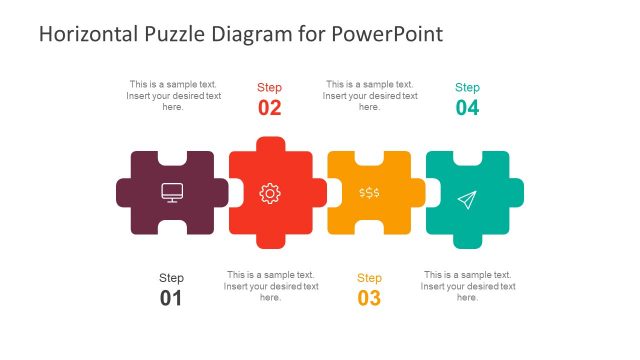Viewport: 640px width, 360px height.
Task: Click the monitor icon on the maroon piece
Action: coord(172,192)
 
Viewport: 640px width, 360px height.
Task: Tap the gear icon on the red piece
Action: coord(270,193)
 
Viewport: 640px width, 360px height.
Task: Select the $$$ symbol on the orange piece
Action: coord(369,192)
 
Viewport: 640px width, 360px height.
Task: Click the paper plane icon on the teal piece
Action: coord(466,200)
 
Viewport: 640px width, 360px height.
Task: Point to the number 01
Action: coord(171,298)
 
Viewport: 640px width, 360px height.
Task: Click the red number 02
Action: coord(270,108)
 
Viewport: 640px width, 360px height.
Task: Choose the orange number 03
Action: coord(369,298)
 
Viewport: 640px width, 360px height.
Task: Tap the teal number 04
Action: coord(467,108)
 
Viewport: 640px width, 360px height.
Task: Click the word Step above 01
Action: coord(171,277)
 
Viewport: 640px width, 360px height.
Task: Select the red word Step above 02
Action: coord(270,87)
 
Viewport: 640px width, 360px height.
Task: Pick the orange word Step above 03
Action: coord(369,277)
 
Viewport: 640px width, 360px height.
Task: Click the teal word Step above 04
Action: coord(467,87)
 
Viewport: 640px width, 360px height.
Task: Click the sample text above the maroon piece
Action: coord(173,96)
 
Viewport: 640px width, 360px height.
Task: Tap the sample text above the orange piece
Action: coord(369,96)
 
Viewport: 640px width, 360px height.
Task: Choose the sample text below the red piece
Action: coord(270,286)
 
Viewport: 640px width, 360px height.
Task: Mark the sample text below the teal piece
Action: coord(467,286)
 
